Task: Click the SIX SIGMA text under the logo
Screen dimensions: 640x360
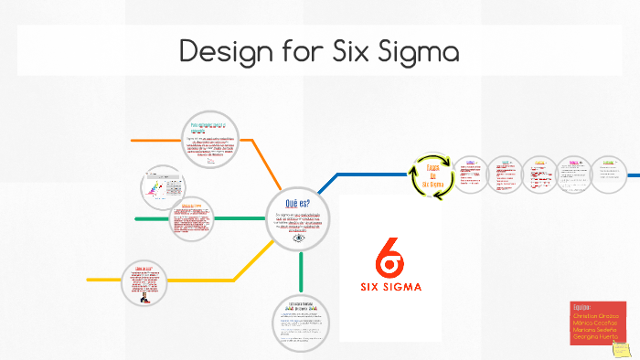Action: pyautogui.click(x=390, y=292)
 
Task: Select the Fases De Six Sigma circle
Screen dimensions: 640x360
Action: pyautogui.click(x=432, y=174)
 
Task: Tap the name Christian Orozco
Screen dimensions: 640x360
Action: pyautogui.click(x=597, y=314)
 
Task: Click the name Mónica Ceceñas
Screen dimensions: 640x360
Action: pyautogui.click(x=595, y=323)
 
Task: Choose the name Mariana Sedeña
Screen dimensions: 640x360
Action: pyautogui.click(x=596, y=330)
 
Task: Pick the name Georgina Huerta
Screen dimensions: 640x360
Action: pyautogui.click(x=594, y=337)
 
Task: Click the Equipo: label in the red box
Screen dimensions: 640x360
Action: pyautogui.click(x=582, y=306)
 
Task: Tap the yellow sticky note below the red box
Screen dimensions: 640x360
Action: pyautogui.click(x=621, y=349)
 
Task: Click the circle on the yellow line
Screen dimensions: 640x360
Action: pyautogui.click(x=144, y=283)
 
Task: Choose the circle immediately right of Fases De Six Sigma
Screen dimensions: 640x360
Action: pyautogui.click(x=471, y=175)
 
